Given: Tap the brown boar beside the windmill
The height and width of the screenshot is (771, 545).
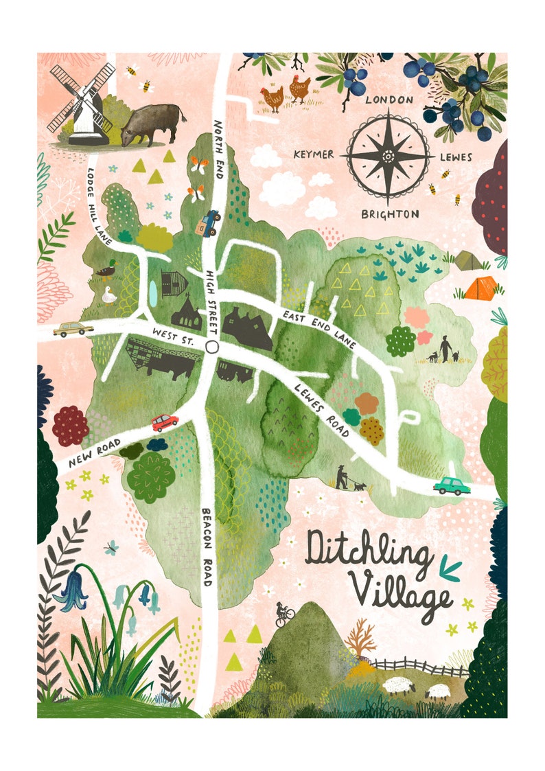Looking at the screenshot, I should click(152, 123).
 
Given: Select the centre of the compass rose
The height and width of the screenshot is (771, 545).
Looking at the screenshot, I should click(388, 157).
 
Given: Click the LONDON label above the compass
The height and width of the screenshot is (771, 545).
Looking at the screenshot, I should click(389, 100).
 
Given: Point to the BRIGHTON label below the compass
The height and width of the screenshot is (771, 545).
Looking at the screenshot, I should click(390, 214).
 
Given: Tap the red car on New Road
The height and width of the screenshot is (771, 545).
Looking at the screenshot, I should click(165, 422).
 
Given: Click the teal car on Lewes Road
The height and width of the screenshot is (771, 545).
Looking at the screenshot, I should click(452, 485).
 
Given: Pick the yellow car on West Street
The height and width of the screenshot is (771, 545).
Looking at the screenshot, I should click(73, 329).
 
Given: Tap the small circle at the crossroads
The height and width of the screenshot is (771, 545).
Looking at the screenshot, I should click(211, 346).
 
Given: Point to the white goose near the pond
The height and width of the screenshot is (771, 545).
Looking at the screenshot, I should click(108, 295).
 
